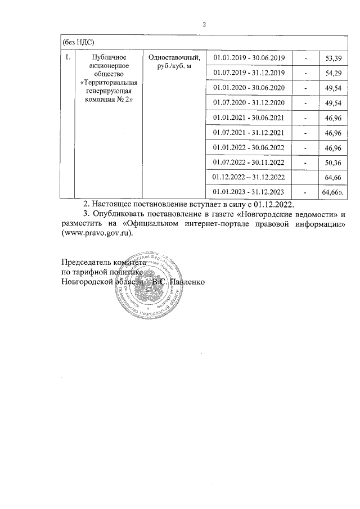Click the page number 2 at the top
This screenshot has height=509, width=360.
pyautogui.click(x=205, y=25)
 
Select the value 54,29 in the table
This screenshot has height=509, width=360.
pyautogui.click(x=327, y=74)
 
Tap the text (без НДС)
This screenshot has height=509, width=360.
pyautogui.click(x=78, y=42)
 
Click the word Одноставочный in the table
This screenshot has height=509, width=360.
pyautogui.click(x=173, y=57)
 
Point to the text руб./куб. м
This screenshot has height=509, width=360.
pyautogui.click(x=173, y=66)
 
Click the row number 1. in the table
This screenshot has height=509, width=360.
pyautogui.click(x=67, y=57)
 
